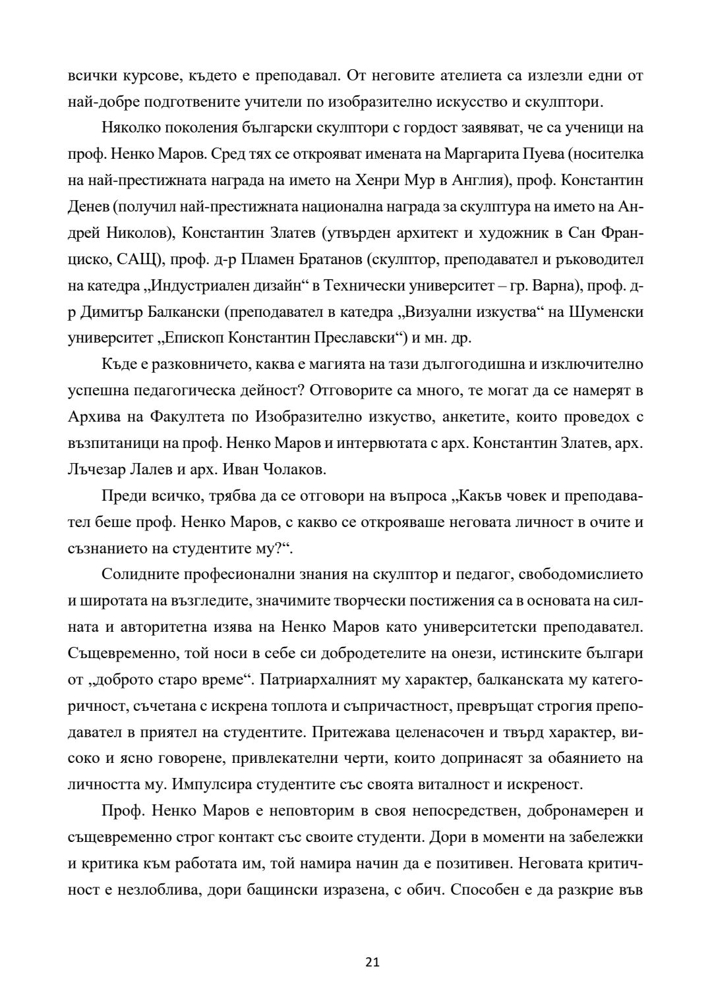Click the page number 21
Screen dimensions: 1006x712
tap(372, 962)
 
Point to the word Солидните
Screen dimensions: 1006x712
tap(141, 574)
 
